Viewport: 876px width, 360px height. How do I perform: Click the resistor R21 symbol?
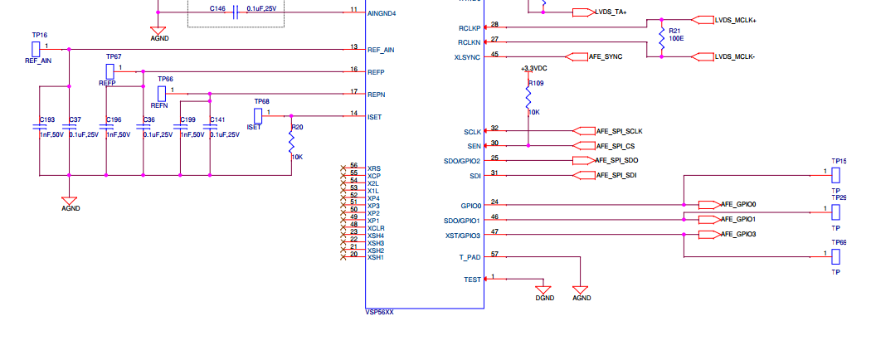661,37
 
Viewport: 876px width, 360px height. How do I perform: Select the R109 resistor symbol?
528,95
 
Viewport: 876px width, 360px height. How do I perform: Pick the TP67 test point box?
110,71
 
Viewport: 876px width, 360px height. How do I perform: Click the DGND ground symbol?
543,292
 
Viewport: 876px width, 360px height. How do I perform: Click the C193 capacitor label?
46,120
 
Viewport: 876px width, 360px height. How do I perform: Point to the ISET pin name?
374,117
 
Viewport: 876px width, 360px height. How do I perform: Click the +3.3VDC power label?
533,68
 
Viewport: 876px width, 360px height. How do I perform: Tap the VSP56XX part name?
380,313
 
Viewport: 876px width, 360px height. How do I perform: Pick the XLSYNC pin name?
466,57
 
